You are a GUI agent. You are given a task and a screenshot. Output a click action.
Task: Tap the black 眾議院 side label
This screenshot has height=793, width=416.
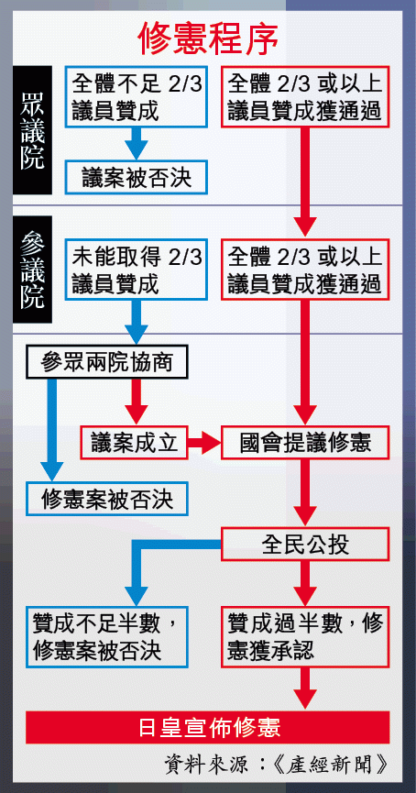(32, 130)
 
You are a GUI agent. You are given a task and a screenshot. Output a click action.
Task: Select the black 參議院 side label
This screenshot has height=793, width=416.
(32, 270)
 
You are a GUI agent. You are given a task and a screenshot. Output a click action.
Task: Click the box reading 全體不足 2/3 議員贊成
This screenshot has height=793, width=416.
(137, 96)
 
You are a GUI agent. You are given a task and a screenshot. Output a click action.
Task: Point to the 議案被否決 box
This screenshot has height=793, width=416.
(137, 177)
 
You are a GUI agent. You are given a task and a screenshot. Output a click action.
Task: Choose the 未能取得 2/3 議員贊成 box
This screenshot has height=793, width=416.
(137, 270)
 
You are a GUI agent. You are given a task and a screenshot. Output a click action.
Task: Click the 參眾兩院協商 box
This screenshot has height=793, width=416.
(107, 362)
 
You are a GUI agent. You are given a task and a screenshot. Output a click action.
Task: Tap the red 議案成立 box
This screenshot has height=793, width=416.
(134, 443)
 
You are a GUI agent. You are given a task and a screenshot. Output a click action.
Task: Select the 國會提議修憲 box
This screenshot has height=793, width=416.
(305, 443)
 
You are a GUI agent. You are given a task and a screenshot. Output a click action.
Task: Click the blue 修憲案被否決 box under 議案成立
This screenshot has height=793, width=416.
(107, 499)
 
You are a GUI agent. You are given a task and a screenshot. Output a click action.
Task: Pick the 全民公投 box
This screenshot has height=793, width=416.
(305, 545)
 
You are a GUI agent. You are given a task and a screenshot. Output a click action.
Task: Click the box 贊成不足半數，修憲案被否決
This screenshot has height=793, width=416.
(107, 637)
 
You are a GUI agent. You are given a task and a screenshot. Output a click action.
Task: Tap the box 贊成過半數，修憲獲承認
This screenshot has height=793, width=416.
(305, 637)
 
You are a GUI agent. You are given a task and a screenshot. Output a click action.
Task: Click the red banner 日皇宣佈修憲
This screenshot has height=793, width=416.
(208, 727)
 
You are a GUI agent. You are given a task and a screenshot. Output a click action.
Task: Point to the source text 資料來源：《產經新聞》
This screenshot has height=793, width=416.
(276, 765)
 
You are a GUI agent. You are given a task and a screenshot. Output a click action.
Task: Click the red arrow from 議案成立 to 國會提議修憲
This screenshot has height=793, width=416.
(204, 443)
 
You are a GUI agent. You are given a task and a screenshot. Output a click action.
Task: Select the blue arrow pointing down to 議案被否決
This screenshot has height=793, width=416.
(136, 144)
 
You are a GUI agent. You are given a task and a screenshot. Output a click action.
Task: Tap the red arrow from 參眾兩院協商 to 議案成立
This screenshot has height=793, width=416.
(136, 402)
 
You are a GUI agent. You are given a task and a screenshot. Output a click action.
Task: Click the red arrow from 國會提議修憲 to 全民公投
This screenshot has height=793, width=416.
(305, 493)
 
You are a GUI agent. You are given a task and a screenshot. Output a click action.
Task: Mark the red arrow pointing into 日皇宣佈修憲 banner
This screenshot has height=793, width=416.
(305, 688)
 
